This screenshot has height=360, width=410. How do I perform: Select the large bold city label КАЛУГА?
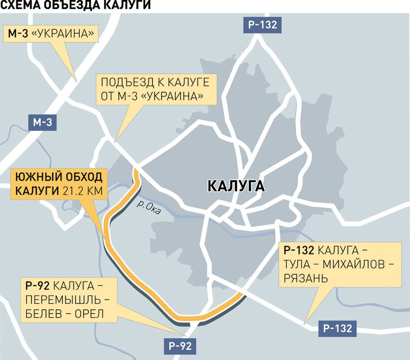pyautogui.click(x=236, y=186)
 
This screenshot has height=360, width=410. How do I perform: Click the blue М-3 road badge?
pyautogui.click(x=43, y=122)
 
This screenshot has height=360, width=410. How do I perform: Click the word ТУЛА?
pyautogui.click(x=300, y=264)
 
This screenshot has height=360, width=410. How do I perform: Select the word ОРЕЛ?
pyautogui.click(x=87, y=314)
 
